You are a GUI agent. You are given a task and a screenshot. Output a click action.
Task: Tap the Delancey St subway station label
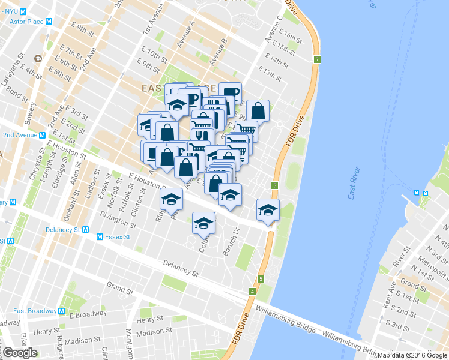[x=64, y=229]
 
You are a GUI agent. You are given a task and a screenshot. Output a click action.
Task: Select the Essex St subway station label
[x=116, y=237]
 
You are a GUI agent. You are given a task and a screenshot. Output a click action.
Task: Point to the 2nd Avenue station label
[x=22, y=135]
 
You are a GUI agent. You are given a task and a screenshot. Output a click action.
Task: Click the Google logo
[x=20, y=353]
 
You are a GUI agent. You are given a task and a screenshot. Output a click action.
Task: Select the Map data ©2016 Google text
[x=412, y=355]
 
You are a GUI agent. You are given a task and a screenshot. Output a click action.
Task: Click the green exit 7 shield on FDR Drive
[x=316, y=59]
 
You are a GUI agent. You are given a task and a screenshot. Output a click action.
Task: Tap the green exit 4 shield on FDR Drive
[x=252, y=292]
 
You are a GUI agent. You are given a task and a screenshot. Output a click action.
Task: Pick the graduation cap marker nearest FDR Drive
[x=268, y=209]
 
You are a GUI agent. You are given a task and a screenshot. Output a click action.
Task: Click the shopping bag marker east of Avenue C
[x=258, y=110]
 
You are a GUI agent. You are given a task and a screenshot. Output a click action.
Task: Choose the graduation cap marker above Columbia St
[x=203, y=223]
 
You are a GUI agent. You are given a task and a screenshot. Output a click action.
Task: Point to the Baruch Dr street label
[x=232, y=241]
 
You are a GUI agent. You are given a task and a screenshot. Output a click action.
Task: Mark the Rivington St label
[x=119, y=218]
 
